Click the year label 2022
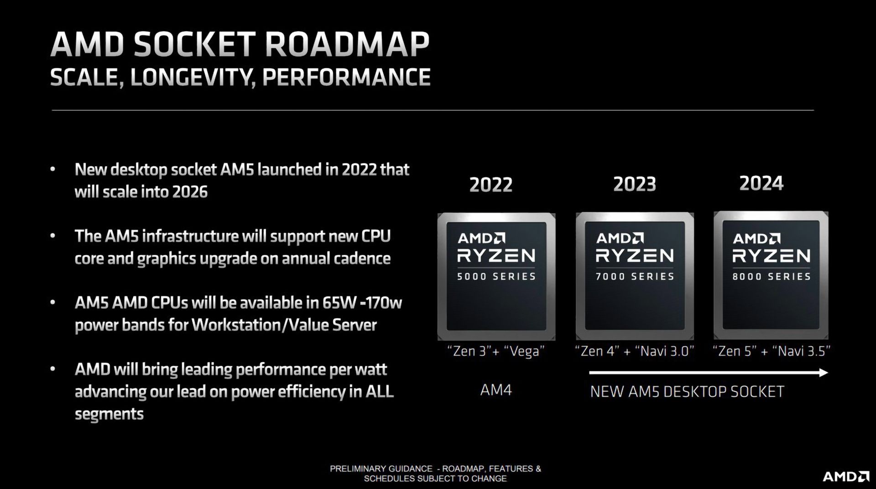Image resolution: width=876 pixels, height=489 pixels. pos(491,185)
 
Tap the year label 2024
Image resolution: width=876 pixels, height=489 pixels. pos(761,184)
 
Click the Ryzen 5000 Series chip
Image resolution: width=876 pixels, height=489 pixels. pos(496,276)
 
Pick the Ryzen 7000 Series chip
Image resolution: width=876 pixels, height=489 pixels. pos(635,276)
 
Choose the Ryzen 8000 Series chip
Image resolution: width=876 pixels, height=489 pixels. pos(771,275)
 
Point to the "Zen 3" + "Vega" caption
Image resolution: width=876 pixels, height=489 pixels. pos(496,351)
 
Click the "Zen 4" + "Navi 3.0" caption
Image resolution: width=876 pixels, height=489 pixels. pos(635,351)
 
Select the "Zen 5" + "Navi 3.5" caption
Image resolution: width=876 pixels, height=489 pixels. pos(771,351)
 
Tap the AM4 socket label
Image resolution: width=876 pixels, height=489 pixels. pos(496,390)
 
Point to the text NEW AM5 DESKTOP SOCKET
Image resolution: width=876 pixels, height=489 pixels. pos(687,392)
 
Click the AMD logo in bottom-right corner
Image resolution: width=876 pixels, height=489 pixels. pos(846,477)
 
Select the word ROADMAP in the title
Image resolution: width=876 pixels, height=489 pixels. pos(347,45)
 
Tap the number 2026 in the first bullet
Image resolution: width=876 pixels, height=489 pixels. pos(190,192)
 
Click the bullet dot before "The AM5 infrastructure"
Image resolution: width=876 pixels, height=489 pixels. pos(53,237)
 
